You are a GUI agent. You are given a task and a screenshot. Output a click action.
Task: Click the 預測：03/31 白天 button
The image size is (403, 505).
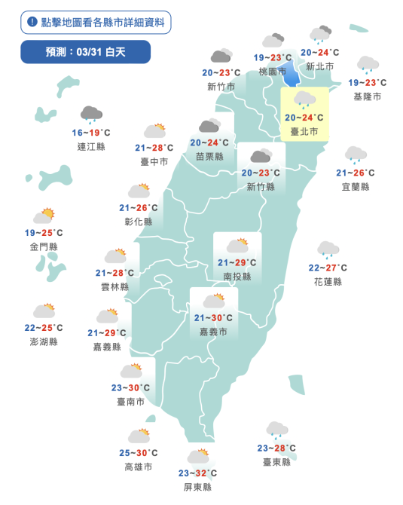[x=85, y=51]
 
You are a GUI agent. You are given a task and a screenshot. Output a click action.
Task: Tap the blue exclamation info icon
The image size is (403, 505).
[x=32, y=22]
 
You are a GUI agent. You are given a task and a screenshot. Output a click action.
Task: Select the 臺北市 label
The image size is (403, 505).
[x=304, y=132]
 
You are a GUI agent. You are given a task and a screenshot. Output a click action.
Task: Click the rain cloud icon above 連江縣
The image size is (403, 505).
[x=91, y=114]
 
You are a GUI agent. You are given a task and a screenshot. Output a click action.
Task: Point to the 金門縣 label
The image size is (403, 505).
[x=44, y=246]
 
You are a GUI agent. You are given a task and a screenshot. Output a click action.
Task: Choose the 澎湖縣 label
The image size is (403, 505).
[x=44, y=341]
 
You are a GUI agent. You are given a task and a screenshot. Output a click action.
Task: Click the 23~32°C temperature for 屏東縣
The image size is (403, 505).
[x=198, y=473]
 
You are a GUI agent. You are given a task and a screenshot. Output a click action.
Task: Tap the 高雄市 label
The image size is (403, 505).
[x=138, y=467]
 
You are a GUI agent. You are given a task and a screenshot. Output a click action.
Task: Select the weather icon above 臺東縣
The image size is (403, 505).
[x=276, y=430]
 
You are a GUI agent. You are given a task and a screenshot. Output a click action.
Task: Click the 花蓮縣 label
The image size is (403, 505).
[x=328, y=281]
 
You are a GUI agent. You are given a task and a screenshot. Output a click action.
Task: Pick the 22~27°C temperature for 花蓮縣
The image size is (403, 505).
[x=328, y=268]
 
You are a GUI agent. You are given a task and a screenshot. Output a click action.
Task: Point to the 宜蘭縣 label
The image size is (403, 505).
[x=355, y=186]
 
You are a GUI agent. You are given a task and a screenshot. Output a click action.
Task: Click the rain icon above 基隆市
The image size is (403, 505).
[x=368, y=65]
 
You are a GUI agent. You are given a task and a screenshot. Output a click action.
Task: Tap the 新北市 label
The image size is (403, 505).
[x=320, y=66]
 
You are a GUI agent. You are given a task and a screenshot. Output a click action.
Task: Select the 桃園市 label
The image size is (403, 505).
[x=272, y=72]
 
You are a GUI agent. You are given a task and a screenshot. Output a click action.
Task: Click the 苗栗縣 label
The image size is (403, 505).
[x=209, y=156]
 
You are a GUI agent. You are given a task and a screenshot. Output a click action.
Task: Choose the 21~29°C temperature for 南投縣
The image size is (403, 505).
[x=237, y=262]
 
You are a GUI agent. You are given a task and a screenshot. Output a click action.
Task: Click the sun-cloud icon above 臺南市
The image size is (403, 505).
[x=131, y=371]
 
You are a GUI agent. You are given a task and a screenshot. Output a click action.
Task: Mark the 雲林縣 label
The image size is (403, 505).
[x=114, y=286]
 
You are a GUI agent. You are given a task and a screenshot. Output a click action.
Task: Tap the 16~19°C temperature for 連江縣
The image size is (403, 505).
[x=91, y=133]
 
